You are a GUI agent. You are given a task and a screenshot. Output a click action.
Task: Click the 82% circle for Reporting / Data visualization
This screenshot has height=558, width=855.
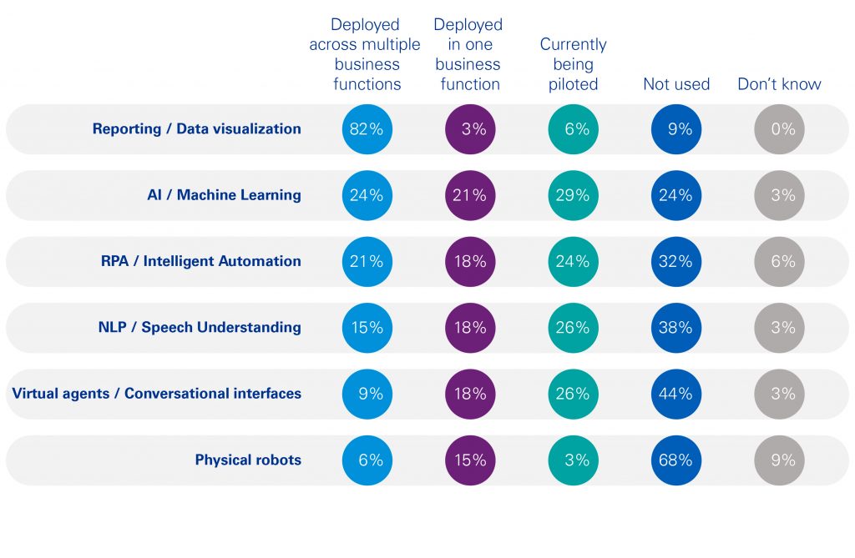pos(367,129)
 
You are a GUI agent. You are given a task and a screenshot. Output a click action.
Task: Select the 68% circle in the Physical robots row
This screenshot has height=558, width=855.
pos(675,460)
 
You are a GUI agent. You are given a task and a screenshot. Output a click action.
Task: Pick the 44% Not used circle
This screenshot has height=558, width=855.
pos(675,394)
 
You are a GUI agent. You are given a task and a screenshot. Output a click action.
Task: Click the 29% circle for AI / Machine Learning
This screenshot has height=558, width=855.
pos(573,195)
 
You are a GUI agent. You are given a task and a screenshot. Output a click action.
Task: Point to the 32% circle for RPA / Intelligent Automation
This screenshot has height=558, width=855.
pos(675,261)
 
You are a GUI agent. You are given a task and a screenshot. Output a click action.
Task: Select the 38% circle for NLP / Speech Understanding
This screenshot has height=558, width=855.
pos(675,328)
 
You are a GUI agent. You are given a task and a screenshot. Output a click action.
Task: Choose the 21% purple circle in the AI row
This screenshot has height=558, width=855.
pos(470,195)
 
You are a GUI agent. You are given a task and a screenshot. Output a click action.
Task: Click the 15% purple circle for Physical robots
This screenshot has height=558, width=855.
pos(470,460)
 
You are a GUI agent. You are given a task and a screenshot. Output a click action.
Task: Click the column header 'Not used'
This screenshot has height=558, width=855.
pos(675,84)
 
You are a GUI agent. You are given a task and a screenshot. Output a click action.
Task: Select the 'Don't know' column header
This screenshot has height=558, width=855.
pos(779,84)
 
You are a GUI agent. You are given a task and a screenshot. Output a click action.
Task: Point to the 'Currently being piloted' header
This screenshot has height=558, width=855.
pos(573,64)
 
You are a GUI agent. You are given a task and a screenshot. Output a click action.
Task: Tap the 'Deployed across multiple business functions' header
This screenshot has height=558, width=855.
pos(367,54)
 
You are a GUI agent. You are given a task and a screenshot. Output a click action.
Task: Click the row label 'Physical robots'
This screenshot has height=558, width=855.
pos(248,460)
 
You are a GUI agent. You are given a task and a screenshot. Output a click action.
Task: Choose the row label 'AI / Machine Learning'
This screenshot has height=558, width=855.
pos(224,195)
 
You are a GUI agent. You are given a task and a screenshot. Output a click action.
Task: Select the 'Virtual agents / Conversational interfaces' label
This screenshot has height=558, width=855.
pos(156,394)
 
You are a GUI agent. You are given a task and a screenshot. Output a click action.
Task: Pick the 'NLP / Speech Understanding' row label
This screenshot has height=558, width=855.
pos(200,328)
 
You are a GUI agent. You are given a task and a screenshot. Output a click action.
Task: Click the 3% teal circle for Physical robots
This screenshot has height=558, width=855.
pos(573,460)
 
